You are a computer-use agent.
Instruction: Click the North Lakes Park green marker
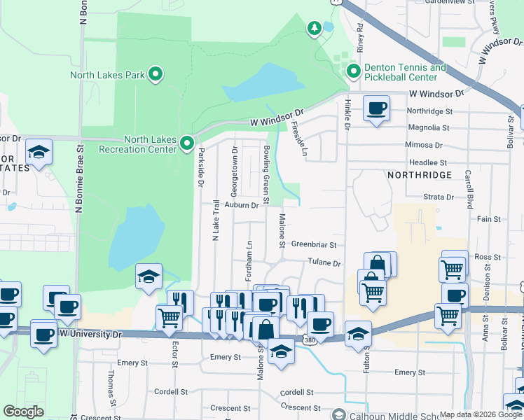[x=156, y=74]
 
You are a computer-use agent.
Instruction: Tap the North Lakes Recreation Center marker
[x=187, y=143]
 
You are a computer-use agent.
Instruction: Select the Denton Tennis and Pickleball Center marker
[x=354, y=71]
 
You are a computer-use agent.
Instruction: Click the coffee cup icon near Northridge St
[x=377, y=108]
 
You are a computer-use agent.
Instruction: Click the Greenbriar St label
[x=314, y=245]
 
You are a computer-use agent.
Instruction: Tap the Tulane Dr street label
[x=324, y=263]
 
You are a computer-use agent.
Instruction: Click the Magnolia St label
[x=428, y=127]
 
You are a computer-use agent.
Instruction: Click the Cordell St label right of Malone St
[x=296, y=393]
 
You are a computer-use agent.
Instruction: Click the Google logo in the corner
[x=23, y=412]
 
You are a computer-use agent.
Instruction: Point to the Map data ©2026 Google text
[x=480, y=414]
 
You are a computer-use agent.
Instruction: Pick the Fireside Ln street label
[x=299, y=139]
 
